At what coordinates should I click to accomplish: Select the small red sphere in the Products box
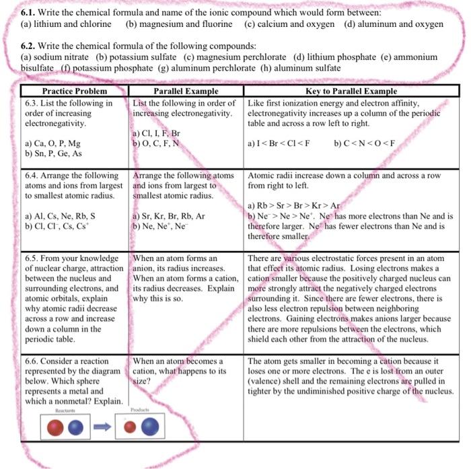[x=131, y=427]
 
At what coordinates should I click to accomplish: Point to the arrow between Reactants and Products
[x=102, y=427]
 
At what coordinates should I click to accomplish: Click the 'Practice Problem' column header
[x=74, y=91]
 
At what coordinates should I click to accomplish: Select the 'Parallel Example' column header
[x=186, y=91]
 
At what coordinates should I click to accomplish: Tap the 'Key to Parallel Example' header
[x=350, y=91]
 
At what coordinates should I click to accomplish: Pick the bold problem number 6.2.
[x=32, y=46]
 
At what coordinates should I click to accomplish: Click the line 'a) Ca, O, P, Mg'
[x=54, y=143]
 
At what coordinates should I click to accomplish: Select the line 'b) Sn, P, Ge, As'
[x=54, y=153]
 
